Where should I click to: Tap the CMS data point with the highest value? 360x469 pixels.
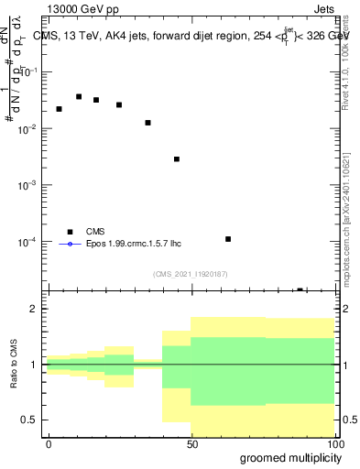(79, 96)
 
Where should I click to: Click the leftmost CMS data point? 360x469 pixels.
(59, 109)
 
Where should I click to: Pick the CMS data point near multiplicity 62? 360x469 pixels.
(228, 239)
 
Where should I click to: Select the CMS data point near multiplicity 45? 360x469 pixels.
(177, 159)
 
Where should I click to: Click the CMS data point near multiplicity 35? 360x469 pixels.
(147, 123)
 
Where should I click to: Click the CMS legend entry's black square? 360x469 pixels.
(69, 232)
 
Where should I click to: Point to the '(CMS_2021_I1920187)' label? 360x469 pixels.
(190, 273)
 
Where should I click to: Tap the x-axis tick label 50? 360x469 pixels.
(191, 443)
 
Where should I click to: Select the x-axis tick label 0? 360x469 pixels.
(49, 443)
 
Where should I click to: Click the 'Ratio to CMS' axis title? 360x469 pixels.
(16, 364)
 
